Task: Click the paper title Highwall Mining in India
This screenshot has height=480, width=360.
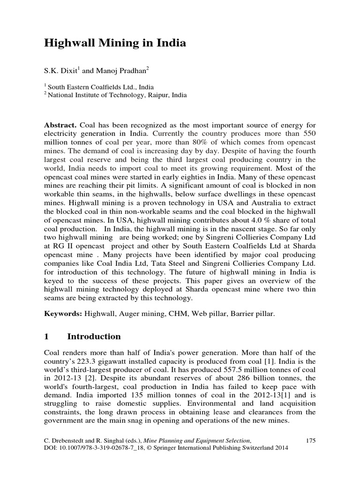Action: [115, 44]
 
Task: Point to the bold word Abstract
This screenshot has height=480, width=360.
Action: [60, 126]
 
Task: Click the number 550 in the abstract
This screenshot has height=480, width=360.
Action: [306, 135]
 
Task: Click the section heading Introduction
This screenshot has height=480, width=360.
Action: [94, 337]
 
